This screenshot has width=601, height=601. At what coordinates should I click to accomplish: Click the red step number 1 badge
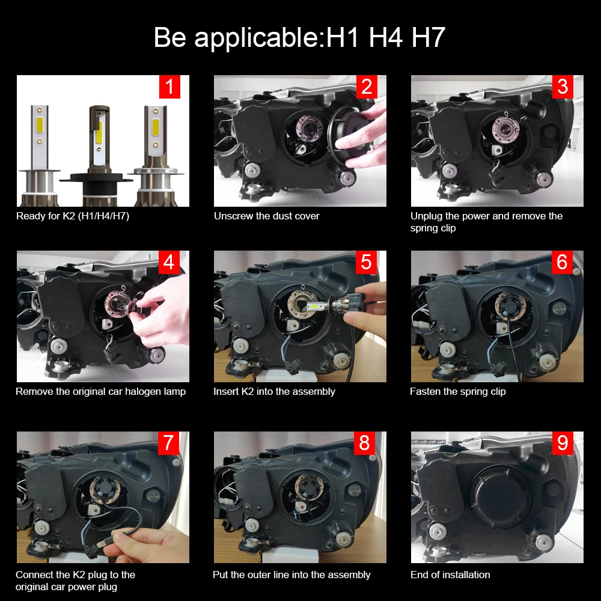pyautogui.click(x=169, y=87)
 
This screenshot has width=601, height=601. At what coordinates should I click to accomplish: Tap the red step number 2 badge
pyautogui.click(x=366, y=87)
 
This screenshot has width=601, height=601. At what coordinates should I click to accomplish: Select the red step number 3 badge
pyautogui.click(x=563, y=87)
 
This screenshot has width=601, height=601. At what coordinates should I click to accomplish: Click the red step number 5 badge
pyautogui.click(x=366, y=263)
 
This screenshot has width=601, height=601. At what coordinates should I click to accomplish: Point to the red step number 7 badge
pyautogui.click(x=169, y=443)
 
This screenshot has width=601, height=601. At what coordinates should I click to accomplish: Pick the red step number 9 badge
pyautogui.click(x=563, y=443)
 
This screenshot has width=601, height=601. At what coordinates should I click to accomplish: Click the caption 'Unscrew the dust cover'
pyautogui.click(x=267, y=216)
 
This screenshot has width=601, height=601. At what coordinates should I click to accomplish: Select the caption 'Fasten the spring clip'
pyautogui.click(x=457, y=391)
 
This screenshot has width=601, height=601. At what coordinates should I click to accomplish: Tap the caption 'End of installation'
pyautogui.click(x=450, y=575)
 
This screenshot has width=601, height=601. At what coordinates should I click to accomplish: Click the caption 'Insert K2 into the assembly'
pyautogui.click(x=274, y=391)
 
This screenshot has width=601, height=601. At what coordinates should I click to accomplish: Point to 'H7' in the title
pyautogui.click(x=428, y=37)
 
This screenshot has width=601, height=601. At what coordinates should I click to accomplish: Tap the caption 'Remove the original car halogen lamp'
pyautogui.click(x=100, y=391)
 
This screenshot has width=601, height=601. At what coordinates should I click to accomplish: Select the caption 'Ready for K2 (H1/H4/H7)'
pyautogui.click(x=73, y=216)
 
